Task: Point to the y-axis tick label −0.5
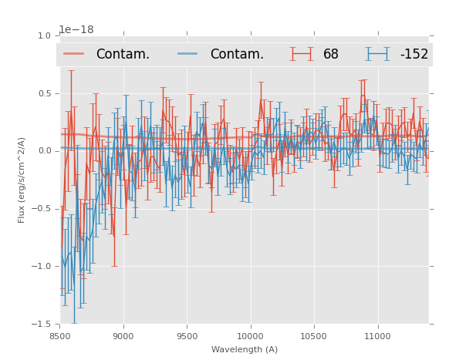[42, 209]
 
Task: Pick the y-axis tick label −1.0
[42, 267]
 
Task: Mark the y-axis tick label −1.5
[42, 325]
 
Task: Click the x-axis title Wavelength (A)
[245, 349]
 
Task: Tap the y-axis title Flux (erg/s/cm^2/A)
[22, 180]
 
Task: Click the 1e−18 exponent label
[76, 30]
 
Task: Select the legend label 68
[331, 55]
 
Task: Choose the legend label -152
[414, 55]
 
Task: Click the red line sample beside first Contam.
[74, 54]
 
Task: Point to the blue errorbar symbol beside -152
[377, 54]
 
